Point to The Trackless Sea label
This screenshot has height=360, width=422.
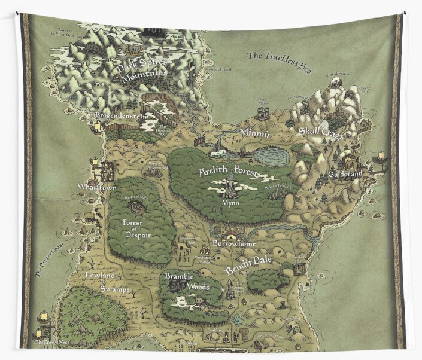[280, 60]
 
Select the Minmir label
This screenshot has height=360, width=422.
[256, 133]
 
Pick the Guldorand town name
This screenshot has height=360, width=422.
[346, 175]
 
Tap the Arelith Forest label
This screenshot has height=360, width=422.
[227, 172]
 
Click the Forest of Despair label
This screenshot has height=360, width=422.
[136, 230]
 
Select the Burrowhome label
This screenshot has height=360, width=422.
[234, 244]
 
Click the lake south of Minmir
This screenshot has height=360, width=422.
[271, 157]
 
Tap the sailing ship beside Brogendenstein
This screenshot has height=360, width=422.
[96, 126]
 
